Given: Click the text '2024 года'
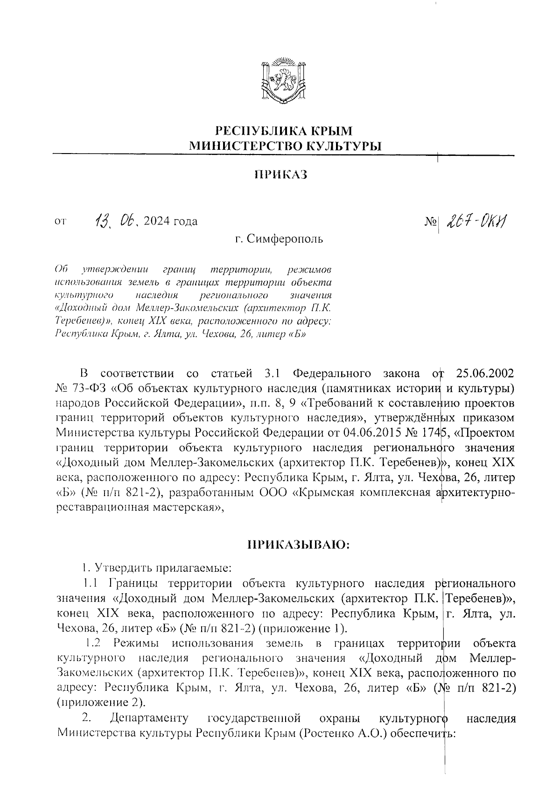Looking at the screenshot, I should click(x=171, y=221).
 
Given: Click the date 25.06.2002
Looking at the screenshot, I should click(x=485, y=373).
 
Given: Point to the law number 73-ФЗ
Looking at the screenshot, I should click(x=90, y=388).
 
